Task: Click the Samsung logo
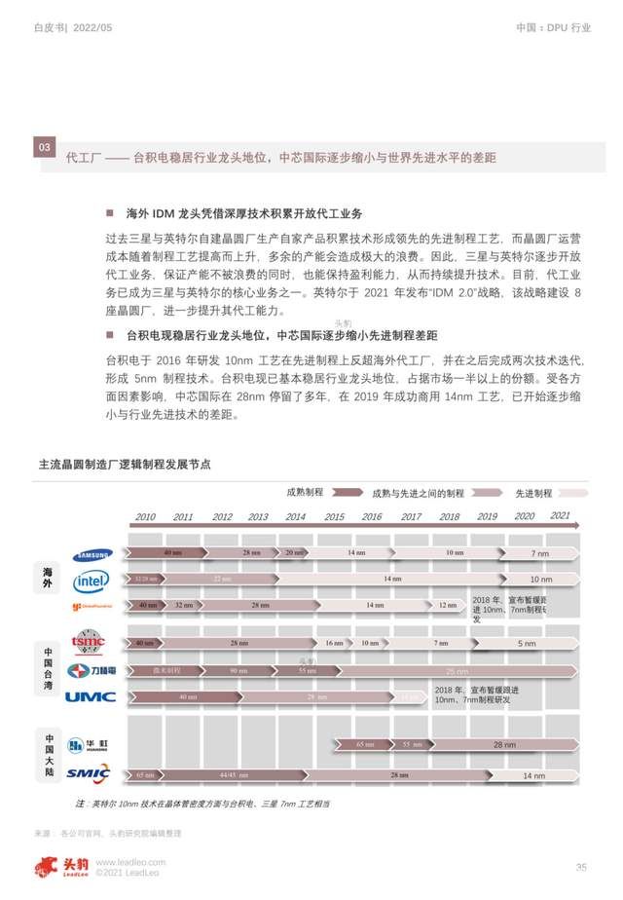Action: point(91,554)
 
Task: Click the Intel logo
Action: point(92,581)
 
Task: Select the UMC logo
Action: point(91,696)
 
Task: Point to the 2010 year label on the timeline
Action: point(145,517)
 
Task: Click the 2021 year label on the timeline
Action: point(561,515)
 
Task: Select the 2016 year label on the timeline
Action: point(372,517)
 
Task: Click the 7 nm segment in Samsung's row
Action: point(539,553)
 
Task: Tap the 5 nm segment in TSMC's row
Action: point(527,644)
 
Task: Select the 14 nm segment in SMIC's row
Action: point(533,775)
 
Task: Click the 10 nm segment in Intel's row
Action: point(540,580)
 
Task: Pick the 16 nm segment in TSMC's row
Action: point(334,643)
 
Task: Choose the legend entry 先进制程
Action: point(533,493)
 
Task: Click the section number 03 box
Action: point(44,147)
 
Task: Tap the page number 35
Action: point(581,867)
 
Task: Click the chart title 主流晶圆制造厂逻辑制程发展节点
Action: point(124,465)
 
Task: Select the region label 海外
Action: point(47,577)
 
